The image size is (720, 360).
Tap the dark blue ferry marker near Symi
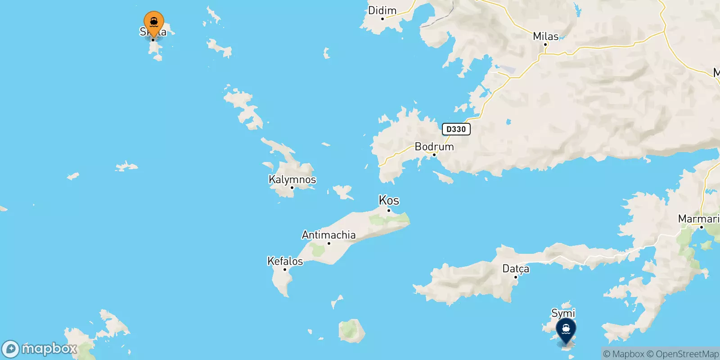tap(566, 330)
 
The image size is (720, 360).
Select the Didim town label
tap(382, 10)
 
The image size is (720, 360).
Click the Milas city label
tap(545, 36)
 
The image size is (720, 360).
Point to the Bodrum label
tap(434, 147)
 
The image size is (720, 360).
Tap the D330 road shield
tap(456, 129)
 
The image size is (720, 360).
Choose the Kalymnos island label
tap(292, 180)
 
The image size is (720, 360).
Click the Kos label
tap(389, 200)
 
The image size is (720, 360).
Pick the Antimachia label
tap(328, 235)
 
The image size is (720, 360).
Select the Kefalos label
tap(285, 261)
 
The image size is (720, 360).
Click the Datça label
tap(516, 269)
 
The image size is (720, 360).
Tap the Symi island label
tap(563, 313)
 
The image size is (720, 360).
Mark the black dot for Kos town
tap(389, 210)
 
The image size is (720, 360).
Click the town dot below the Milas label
tap(545, 45)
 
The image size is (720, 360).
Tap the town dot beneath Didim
tap(382, 19)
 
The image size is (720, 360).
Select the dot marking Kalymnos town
tap(292, 188)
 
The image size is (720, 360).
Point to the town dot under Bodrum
tap(434, 155)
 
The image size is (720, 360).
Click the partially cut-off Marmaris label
tap(698, 219)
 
